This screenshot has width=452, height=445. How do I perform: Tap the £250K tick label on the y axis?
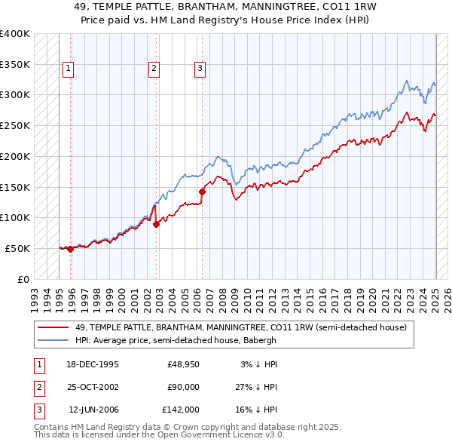(x=15, y=125)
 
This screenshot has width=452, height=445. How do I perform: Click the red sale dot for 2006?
(x=202, y=192)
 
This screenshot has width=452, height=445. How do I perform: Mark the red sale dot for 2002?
(x=156, y=224)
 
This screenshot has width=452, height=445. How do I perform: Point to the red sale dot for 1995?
(x=70, y=249)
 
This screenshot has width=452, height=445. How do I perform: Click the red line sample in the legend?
(x=53, y=327)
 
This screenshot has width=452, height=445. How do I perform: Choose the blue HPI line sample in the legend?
(x=53, y=340)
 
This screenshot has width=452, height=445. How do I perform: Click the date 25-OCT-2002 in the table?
(x=93, y=387)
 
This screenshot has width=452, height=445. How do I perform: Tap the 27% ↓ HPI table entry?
(x=255, y=387)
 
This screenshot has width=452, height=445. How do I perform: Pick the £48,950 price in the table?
(x=181, y=364)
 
